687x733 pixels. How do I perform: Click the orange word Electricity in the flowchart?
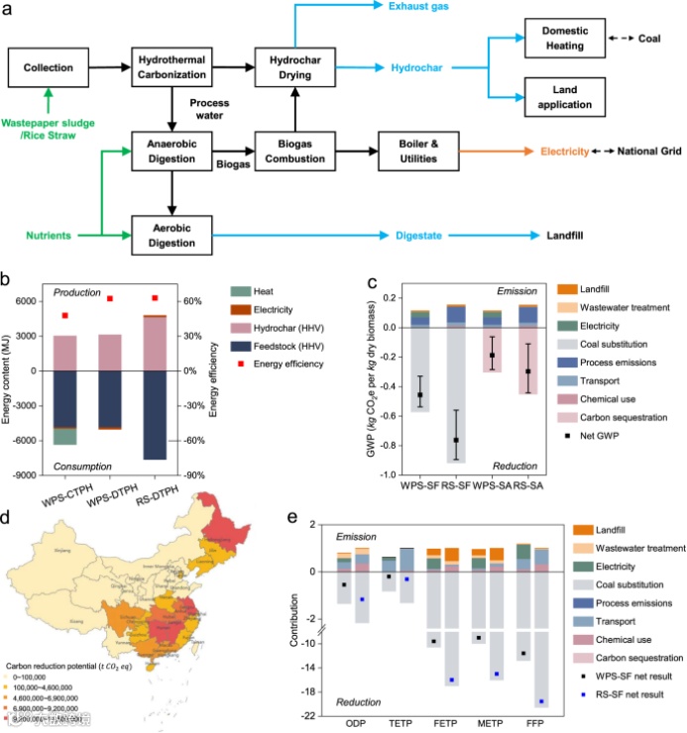(x=565, y=153)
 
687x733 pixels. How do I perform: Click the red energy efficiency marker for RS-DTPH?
(x=154, y=298)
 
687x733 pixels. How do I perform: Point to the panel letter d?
(x=9, y=517)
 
